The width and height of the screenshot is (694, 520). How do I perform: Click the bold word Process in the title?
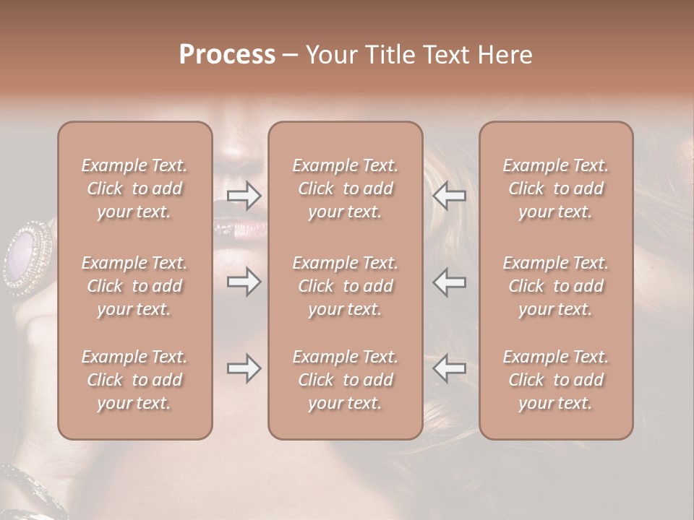227,55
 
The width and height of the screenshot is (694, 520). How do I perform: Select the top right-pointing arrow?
244,195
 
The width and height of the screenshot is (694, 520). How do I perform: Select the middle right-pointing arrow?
244,282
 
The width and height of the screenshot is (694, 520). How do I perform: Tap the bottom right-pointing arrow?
244,369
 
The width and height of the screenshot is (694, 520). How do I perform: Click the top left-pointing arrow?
449,195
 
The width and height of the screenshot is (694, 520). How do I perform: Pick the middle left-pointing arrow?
449,282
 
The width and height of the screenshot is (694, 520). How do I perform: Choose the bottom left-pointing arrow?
449,369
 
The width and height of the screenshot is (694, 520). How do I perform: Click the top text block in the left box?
134,188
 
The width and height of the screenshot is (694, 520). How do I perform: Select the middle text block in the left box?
134,286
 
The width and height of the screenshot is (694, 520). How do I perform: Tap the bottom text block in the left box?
134,380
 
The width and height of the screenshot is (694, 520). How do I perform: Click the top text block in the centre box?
346,188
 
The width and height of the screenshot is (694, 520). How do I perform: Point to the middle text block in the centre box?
346,286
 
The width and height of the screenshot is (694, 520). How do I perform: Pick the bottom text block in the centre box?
346,380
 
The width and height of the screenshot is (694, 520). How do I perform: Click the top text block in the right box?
556,188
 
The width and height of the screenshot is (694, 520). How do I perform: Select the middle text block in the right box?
556,286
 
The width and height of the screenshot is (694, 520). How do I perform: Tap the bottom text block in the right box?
556,380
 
